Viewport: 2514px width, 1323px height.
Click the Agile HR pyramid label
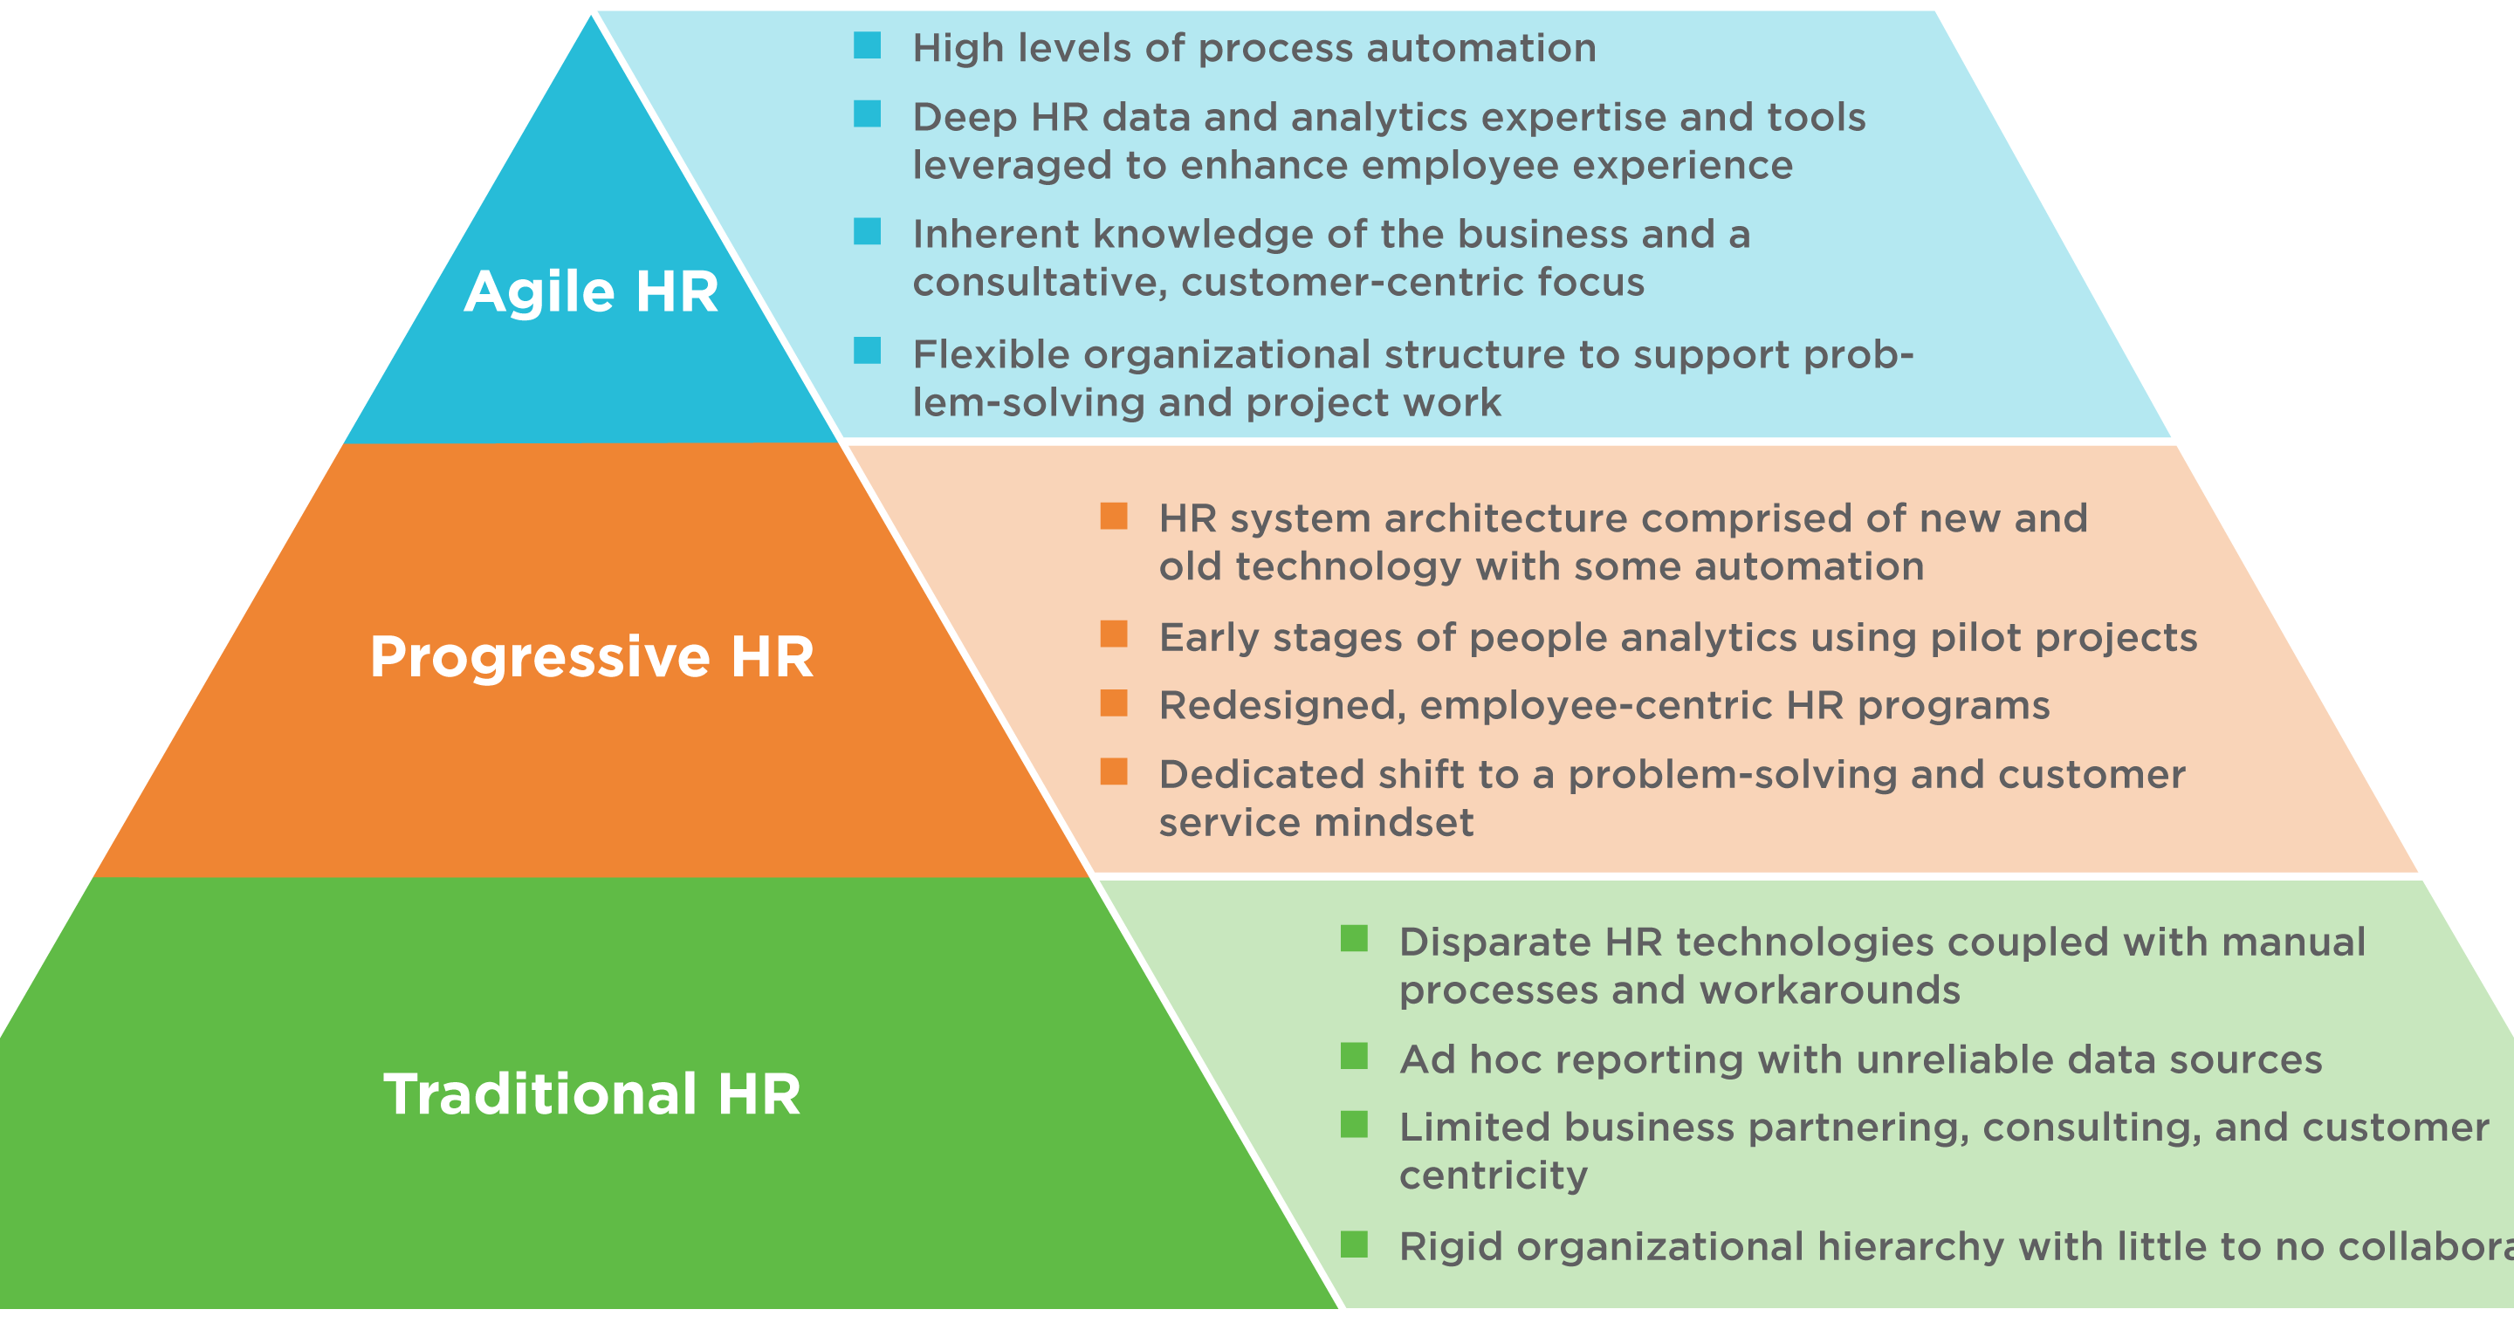point(592,292)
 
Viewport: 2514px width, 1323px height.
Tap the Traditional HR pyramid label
point(592,1093)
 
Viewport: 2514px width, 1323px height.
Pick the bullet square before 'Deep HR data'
point(868,114)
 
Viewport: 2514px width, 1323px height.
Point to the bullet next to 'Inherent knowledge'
point(868,232)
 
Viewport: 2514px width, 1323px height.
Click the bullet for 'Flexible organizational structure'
point(868,350)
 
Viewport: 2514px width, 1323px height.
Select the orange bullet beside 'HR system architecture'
point(1114,516)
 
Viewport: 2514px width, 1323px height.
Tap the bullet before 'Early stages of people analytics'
point(1114,634)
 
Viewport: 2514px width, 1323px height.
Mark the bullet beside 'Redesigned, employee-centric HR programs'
point(1114,703)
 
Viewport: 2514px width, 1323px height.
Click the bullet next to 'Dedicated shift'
point(1114,771)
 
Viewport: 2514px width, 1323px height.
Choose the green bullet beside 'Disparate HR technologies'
point(1354,939)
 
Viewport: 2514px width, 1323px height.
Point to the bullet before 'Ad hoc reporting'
point(1354,1057)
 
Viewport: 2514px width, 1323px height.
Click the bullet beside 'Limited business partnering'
point(1354,1125)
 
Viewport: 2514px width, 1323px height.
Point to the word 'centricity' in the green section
point(1494,1176)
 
